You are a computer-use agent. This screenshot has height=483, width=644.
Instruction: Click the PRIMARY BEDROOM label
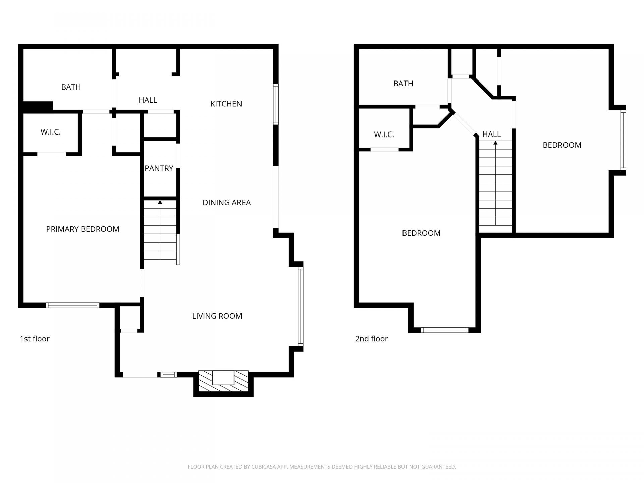coord(83,229)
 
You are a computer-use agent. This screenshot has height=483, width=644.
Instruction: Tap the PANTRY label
coord(159,168)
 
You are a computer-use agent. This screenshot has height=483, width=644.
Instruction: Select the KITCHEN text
coord(226,104)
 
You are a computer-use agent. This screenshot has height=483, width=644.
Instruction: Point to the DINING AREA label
coord(226,202)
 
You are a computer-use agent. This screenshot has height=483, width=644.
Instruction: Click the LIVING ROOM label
coord(217,316)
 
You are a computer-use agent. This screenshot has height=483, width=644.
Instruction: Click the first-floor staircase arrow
coord(160,230)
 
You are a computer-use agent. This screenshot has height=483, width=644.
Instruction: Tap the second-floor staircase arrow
coord(495,183)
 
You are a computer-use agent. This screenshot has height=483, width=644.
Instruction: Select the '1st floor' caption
coord(35,339)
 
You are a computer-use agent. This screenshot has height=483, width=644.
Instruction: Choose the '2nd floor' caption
coord(371,339)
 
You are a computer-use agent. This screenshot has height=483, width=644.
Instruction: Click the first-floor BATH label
coord(71,87)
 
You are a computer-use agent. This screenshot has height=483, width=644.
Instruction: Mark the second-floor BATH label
coord(403,83)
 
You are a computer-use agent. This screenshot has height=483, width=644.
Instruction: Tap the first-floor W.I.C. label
coord(51,132)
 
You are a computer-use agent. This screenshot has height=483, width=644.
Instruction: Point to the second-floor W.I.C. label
coord(384,135)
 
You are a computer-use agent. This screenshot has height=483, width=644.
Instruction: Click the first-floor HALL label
coord(148,100)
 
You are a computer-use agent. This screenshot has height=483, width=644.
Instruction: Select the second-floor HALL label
coord(492,134)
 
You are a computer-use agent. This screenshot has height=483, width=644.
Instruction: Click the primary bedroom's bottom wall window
coord(72,305)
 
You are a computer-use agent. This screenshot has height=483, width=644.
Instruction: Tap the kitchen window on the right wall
coord(276,104)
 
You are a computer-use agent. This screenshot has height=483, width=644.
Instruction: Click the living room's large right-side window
coord(301,307)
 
